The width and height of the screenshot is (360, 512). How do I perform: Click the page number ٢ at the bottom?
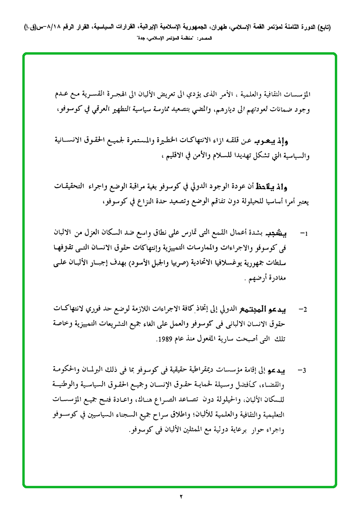pos(181,497)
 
